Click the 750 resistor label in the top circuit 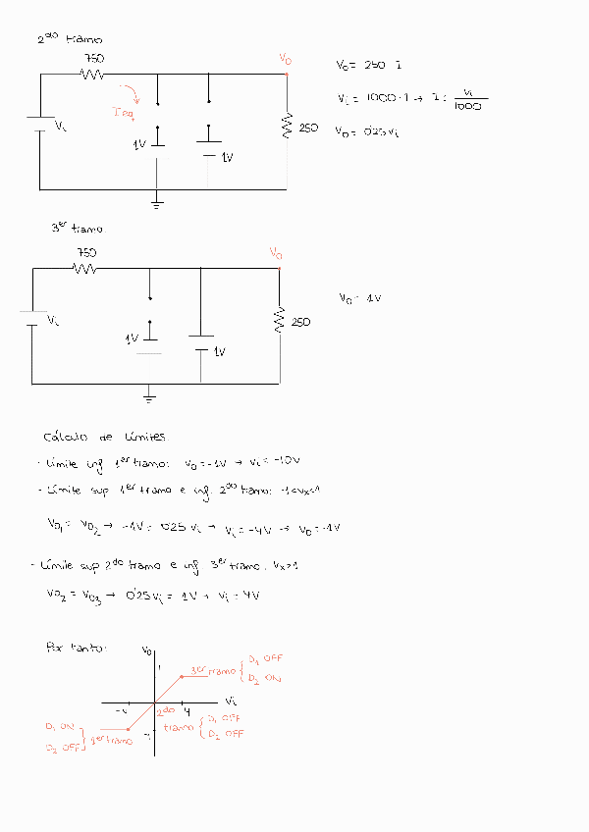(94, 59)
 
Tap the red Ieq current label (125, 112)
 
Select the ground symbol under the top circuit (157, 202)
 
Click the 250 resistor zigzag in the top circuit (288, 127)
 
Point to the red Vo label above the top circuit (285, 60)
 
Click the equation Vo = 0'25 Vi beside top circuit (366, 130)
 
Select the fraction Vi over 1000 (469, 100)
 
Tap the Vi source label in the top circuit (60, 126)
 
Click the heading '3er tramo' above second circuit (77, 228)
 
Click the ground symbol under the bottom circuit (149, 396)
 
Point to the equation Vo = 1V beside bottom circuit (358, 298)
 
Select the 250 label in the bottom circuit (301, 322)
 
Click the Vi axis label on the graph (231, 702)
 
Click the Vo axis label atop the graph (146, 650)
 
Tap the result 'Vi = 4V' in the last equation (242, 595)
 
